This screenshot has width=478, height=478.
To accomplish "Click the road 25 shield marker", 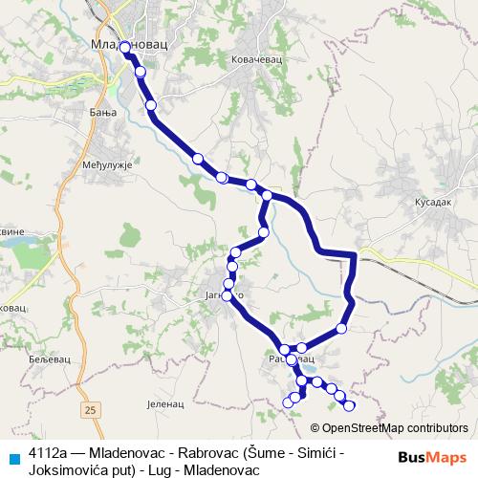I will [90, 410].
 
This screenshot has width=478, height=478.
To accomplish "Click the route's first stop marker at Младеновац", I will [125, 46].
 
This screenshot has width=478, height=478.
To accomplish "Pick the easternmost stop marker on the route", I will [349, 405].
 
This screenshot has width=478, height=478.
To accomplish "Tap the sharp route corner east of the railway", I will [355, 254].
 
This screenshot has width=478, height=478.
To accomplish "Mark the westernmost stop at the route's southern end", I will [288, 402].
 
